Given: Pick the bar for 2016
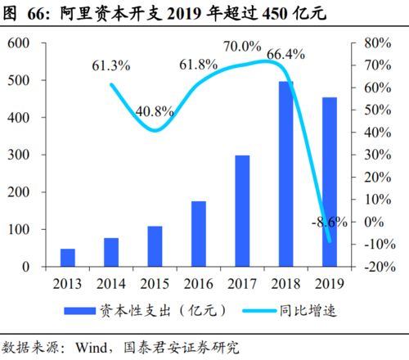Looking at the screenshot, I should pos(199,234).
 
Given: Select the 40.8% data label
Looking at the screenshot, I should pos(154,110).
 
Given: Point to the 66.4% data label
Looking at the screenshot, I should pos(286,55).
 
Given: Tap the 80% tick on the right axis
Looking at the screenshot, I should pos(379,43).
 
